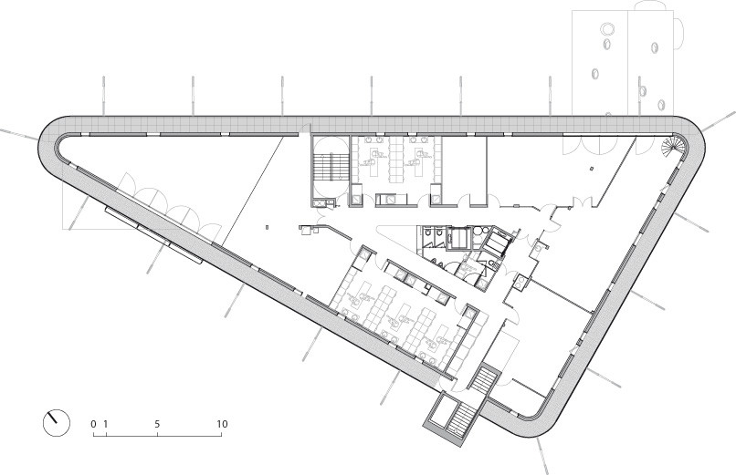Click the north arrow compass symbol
tap(56, 421)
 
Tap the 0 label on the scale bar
tap(93, 424)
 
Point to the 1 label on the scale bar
tap(106, 424)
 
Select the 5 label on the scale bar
tap(158, 424)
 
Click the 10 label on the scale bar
tap(222, 424)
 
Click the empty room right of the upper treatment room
tap(462, 164)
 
